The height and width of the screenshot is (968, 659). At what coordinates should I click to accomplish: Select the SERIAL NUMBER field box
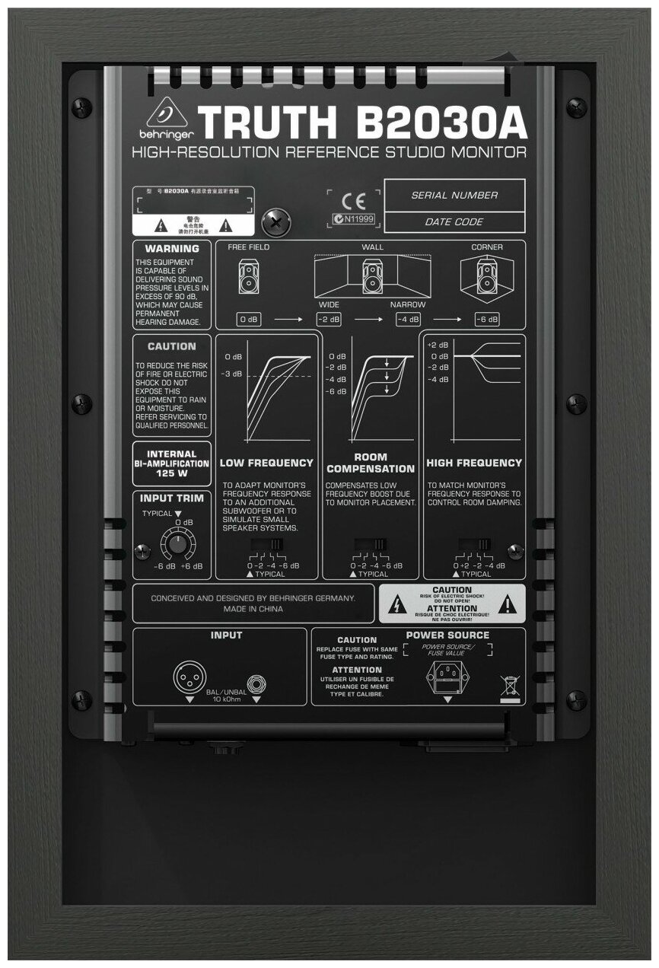454,195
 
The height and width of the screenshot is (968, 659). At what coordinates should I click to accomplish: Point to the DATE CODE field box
454,222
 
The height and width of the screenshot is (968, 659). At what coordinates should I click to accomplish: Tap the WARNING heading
172,249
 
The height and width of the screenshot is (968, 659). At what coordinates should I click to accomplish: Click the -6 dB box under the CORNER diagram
487,320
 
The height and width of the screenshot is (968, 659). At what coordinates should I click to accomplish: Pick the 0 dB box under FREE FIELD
248,320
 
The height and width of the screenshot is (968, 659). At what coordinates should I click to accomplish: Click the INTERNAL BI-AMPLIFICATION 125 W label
172,463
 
